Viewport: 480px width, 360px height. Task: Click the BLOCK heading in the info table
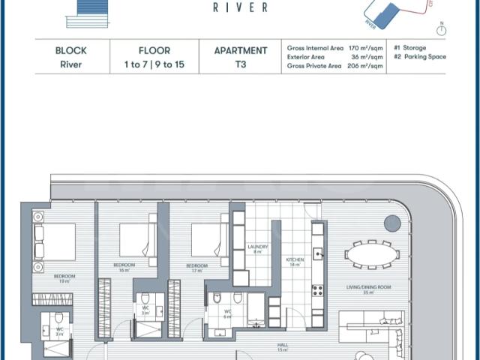coord(70,51)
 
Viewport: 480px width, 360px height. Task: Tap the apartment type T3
coord(240,65)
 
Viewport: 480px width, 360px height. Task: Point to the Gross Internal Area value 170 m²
coord(367,48)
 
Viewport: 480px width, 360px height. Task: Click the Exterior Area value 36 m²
coord(367,57)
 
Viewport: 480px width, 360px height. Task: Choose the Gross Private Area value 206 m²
coord(367,66)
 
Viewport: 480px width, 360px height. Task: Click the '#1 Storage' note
coord(409,48)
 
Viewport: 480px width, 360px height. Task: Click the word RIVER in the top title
coord(239,8)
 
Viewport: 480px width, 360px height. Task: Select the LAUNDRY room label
coord(257,248)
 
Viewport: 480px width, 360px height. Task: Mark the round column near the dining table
coord(391,223)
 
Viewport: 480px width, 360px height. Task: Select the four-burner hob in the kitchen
coord(317,289)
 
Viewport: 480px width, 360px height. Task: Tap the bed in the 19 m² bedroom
coord(55,241)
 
